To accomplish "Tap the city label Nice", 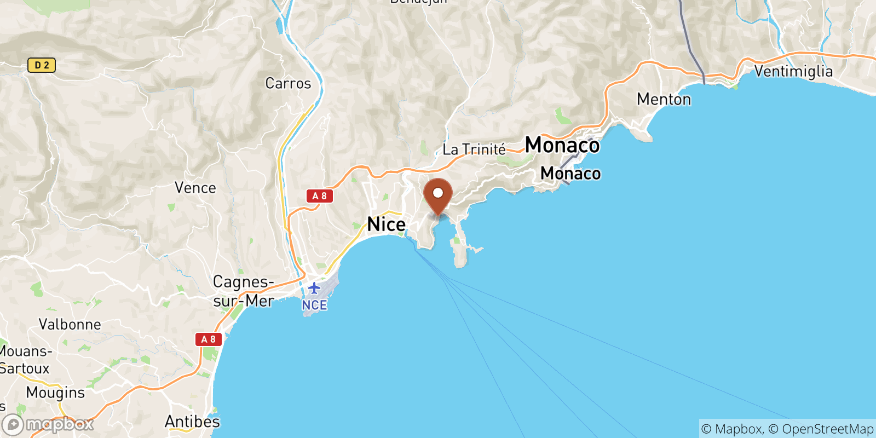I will tap(386, 224).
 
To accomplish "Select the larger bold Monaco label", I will tap(562, 145).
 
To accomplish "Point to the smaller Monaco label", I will tap(570, 174).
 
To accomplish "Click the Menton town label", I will tap(664, 100).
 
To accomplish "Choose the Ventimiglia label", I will tap(793, 72).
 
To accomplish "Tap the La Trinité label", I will tap(474, 149).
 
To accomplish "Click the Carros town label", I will tap(288, 84).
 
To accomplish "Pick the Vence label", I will tap(195, 188).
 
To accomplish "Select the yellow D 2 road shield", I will tap(42, 66).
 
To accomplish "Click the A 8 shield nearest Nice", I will tap(320, 196).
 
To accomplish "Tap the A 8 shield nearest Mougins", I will tap(209, 339).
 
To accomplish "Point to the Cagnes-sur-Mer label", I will tap(244, 291).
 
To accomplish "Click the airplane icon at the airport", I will tap(314, 288).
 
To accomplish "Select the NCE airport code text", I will tap(314, 305).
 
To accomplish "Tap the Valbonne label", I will tap(70, 325).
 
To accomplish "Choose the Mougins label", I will tap(55, 393).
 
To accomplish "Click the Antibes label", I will tap(192, 422).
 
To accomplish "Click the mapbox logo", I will tap(48, 424).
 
